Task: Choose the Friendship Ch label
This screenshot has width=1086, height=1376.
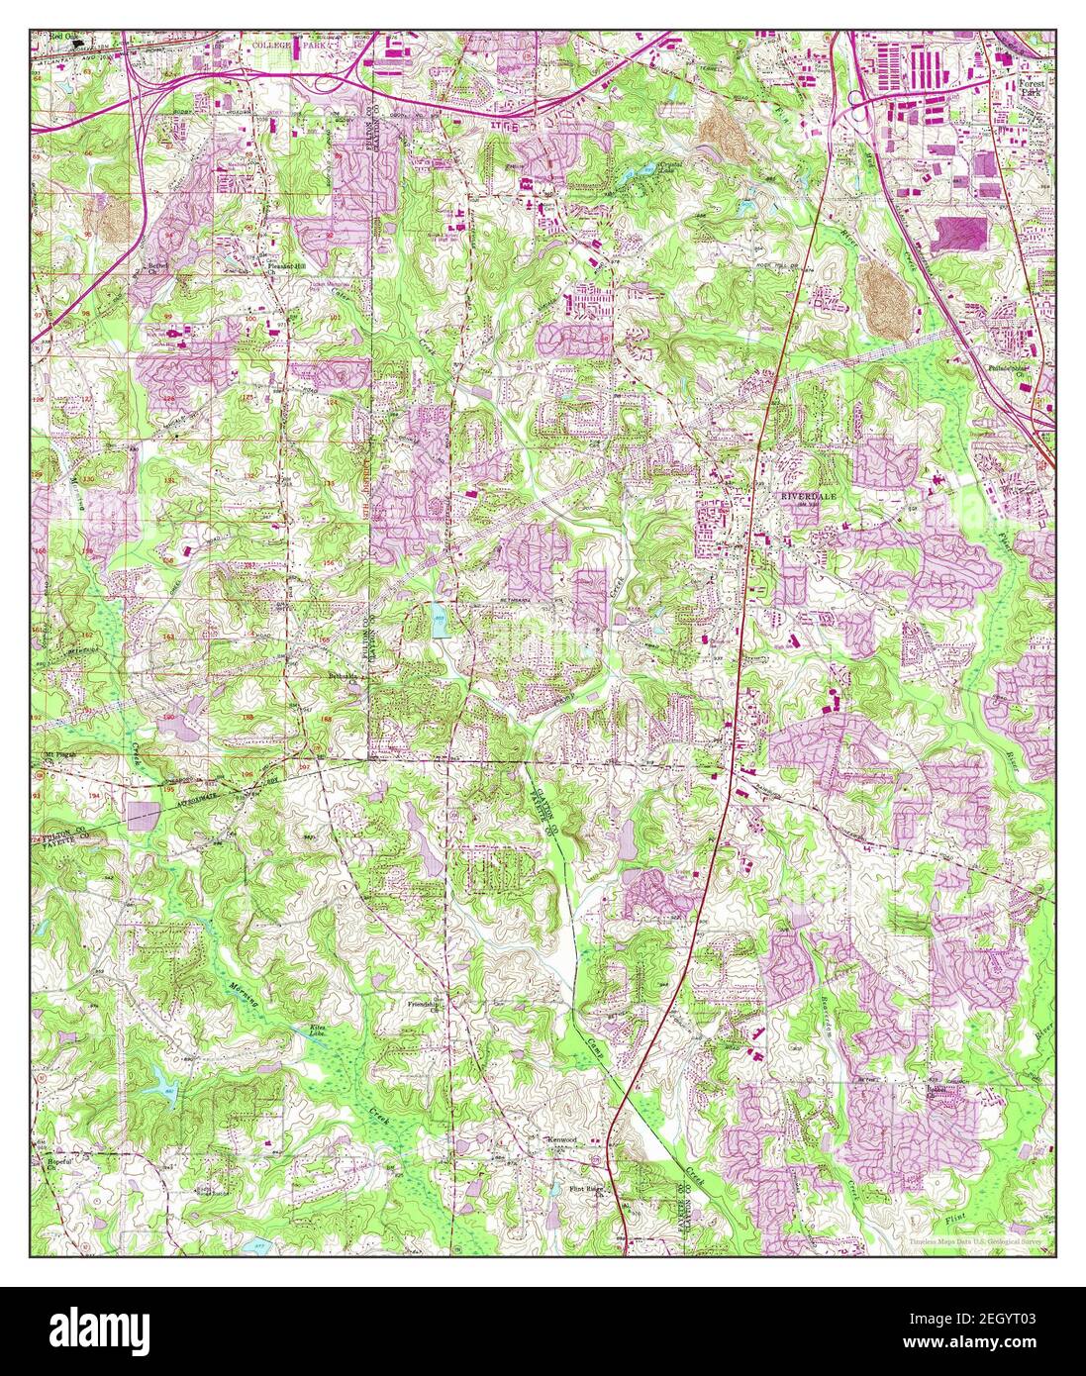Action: coord(424,1008)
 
